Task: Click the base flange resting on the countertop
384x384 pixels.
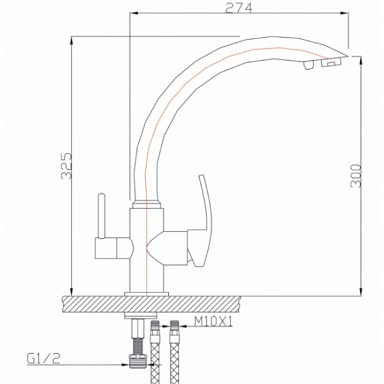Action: [147, 293]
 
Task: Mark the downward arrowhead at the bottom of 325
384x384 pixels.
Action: [71, 292]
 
